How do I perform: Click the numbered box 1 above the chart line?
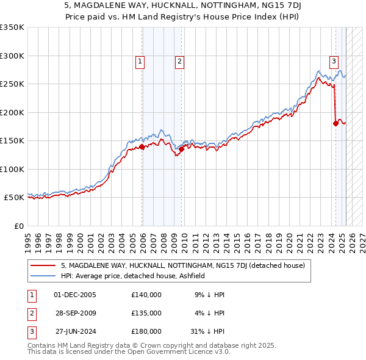pyautogui.click(x=140, y=61)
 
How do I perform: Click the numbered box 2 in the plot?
pyautogui.click(x=180, y=61)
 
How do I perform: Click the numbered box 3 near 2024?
pyautogui.click(x=334, y=61)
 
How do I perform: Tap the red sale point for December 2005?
pyautogui.click(x=142, y=146)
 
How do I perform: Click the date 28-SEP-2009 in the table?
pyautogui.click(x=75, y=313)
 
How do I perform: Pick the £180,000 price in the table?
pyautogui.click(x=146, y=331)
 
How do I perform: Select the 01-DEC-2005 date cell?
pyautogui.click(x=75, y=295)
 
